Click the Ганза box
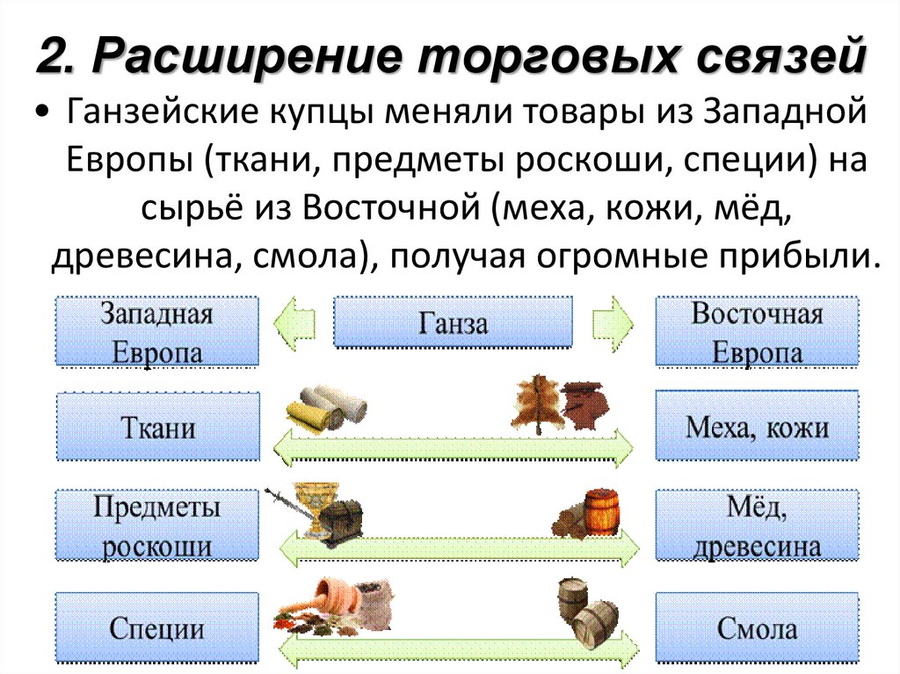[453, 324]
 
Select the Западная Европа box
[157, 333]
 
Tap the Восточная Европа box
[757, 333]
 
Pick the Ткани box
[157, 429]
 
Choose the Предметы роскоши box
[157, 526]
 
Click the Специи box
[157, 627]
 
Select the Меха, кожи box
[757, 429]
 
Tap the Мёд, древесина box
[757, 526]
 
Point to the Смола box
[757, 627]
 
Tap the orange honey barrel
[601, 511]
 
